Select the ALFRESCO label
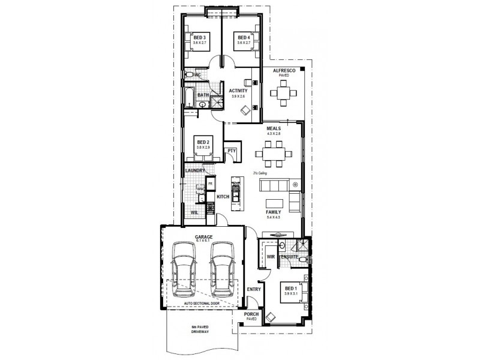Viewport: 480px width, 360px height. [x=284, y=71]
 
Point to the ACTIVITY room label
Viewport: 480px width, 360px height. [x=239, y=91]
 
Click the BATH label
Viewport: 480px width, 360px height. [x=203, y=95]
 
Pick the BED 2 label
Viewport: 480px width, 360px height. [x=203, y=142]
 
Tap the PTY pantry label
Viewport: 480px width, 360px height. [x=231, y=151]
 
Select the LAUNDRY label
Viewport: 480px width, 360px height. [x=196, y=170]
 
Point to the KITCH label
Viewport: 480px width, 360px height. [x=223, y=197]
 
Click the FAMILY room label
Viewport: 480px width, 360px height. [x=274, y=212]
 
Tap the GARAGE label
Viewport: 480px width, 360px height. [x=203, y=238]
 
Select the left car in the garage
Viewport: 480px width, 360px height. [x=182, y=272]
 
